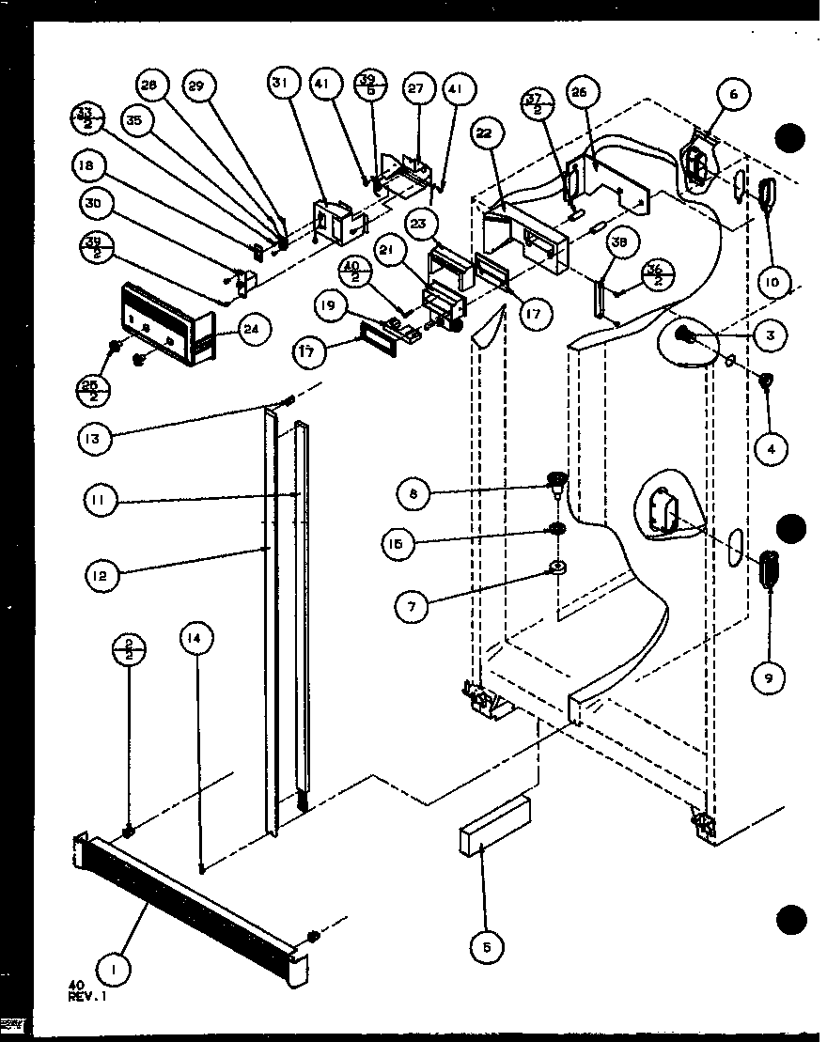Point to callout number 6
tap(733, 94)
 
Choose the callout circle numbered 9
tap(770, 679)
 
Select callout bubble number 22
tap(484, 133)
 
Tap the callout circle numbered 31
tap(279, 84)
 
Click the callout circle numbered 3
tap(771, 335)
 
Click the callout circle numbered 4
tap(771, 449)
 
